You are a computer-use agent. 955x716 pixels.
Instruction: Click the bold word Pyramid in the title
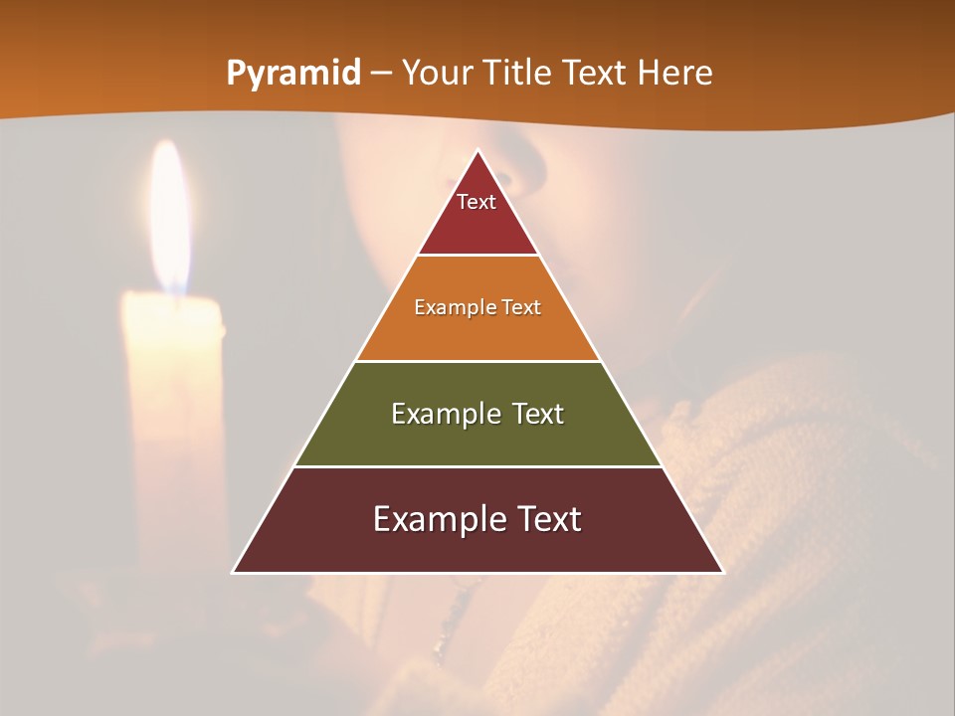coord(292,74)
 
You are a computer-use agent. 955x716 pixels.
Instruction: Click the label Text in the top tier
coord(477,202)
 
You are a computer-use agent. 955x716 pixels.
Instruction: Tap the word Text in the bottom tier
coord(546,519)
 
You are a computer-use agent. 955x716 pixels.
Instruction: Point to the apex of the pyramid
coord(478,152)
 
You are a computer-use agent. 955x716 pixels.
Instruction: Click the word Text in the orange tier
coord(521,307)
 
